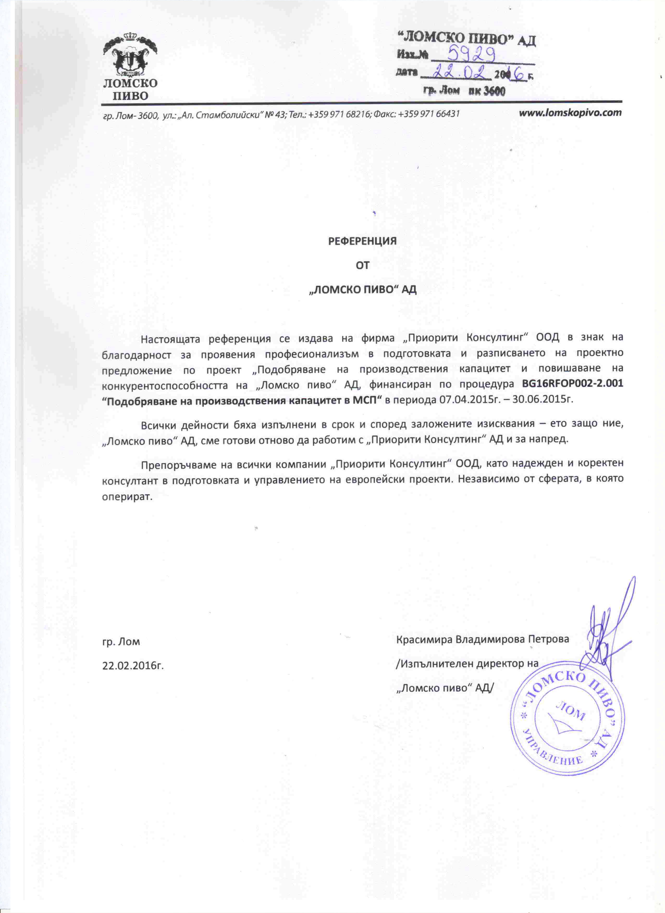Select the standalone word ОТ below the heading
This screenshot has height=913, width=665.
coord(362,265)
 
